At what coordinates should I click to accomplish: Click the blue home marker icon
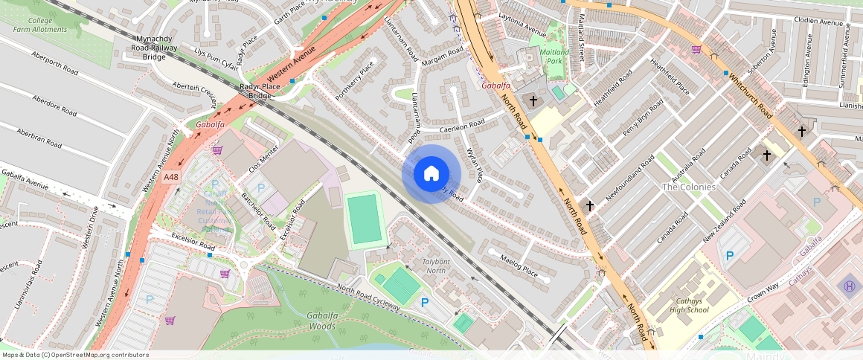click(431, 174)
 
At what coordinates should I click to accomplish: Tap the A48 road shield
click(172, 177)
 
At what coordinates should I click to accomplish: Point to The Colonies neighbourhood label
click(688, 187)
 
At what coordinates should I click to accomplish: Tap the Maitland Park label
click(554, 57)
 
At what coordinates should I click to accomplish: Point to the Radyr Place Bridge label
click(260, 91)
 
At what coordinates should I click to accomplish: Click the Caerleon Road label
click(462, 126)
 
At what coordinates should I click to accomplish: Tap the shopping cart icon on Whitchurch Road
click(696, 49)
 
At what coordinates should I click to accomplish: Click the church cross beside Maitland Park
click(533, 100)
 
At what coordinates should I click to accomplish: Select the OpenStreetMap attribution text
click(75, 355)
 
